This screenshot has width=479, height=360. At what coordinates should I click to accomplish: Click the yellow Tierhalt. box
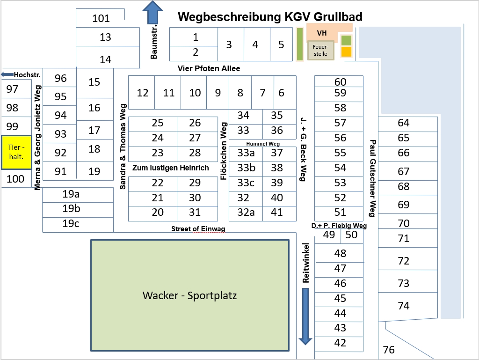point(16,153)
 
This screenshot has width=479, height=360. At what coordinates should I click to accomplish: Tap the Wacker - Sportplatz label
point(189,296)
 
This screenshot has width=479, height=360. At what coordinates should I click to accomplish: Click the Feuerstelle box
point(320,51)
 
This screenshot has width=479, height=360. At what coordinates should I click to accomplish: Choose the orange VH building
point(322,33)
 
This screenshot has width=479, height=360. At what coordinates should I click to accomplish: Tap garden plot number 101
point(101,19)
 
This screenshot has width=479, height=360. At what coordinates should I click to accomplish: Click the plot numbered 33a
point(246,153)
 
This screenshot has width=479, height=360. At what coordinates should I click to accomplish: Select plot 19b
point(71,208)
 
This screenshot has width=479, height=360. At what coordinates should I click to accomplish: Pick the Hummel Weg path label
point(262,143)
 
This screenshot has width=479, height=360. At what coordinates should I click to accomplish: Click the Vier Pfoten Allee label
point(209,69)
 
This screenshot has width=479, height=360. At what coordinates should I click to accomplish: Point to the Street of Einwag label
point(198,228)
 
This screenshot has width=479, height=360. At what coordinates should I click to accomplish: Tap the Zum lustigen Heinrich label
point(171,168)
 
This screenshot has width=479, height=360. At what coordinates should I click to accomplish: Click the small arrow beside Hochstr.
point(7,74)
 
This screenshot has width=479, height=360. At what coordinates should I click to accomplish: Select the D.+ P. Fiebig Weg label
point(339,226)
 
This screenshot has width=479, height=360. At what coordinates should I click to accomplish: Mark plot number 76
point(389,350)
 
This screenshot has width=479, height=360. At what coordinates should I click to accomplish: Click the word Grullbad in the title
point(335,17)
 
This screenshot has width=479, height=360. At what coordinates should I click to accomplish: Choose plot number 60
point(340,82)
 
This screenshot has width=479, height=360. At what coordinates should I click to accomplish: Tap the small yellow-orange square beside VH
point(346,51)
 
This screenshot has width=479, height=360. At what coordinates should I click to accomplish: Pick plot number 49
point(329,235)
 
